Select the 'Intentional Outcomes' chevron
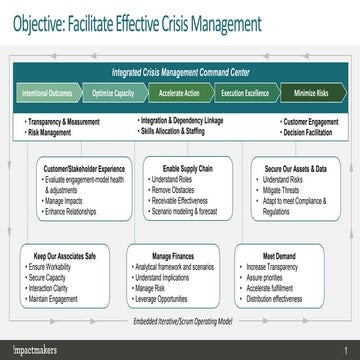point(46,92)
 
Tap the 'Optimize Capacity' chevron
point(112,92)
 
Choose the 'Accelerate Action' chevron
point(180,92)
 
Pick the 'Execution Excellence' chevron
point(244,92)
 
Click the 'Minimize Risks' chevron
point(310,92)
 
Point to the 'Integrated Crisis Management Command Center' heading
point(180,70)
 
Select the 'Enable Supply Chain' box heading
point(181,169)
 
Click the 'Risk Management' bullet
point(49,131)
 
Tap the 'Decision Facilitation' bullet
point(308,131)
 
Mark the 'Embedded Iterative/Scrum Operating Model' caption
point(180,321)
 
